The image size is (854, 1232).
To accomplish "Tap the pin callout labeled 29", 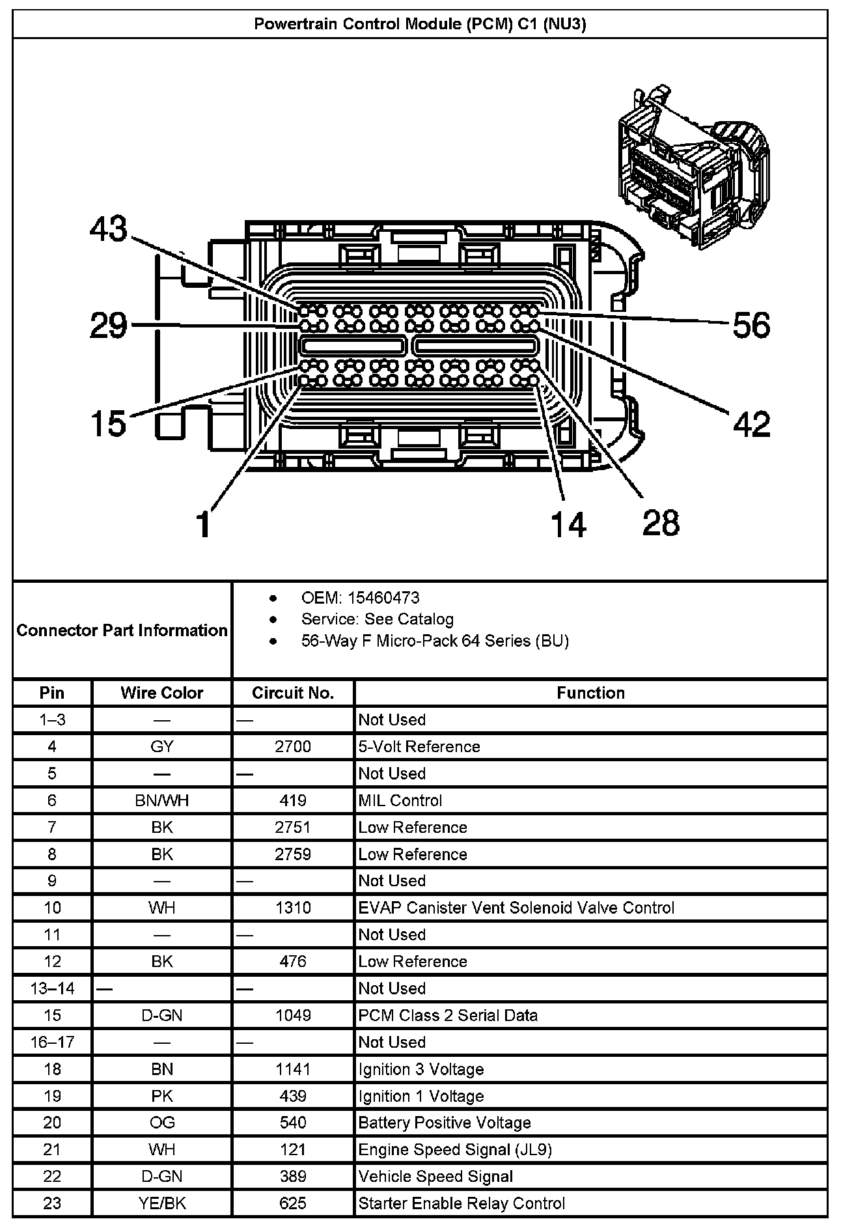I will pos(109,325).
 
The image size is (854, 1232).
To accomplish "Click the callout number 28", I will pos(661,523).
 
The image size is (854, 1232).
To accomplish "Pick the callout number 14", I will pos(568,524).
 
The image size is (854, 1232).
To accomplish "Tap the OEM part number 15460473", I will pos(383,598).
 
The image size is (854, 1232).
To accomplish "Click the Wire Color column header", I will pos(161,693).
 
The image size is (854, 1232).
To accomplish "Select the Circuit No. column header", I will pos(293,693).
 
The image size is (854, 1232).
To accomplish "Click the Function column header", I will pos(590,693).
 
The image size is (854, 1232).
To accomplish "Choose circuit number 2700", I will pos(293,747).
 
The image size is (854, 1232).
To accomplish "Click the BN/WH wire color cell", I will pos(161,800).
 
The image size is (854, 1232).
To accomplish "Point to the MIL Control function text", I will pos(400,800).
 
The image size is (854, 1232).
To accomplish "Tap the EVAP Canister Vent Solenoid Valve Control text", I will pos(516,908).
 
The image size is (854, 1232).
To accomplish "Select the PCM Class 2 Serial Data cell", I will pos(448,1015).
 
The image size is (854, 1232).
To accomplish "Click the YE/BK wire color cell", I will pos(161,1203).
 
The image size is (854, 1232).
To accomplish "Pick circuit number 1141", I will pos(293,1069).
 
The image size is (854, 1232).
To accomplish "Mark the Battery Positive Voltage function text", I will pos(445,1123).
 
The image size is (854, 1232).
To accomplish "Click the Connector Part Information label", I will pos(122,630).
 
